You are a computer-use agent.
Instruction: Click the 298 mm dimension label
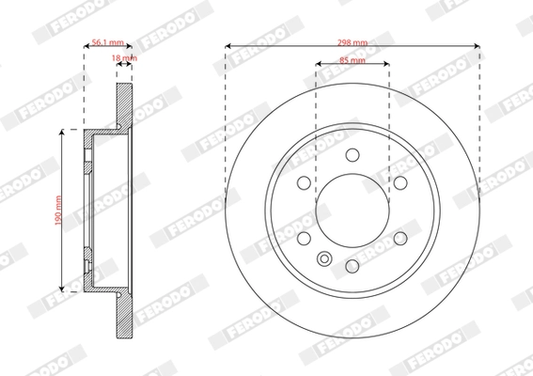click(x=353, y=43)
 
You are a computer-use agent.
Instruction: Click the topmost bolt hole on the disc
click(x=353, y=156)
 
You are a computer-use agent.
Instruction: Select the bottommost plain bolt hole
click(x=353, y=267)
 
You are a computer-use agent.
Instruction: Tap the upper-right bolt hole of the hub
click(x=400, y=184)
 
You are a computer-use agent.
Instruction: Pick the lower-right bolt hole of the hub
click(x=400, y=239)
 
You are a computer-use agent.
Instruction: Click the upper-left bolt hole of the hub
click(x=305, y=184)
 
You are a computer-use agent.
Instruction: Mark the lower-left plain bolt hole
click(x=305, y=239)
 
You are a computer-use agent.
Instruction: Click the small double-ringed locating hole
click(x=325, y=260)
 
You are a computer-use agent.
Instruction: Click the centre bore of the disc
click(x=353, y=211)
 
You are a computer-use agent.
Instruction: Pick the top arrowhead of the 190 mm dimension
click(x=63, y=134)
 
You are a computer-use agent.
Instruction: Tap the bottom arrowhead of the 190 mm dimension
click(x=63, y=288)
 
